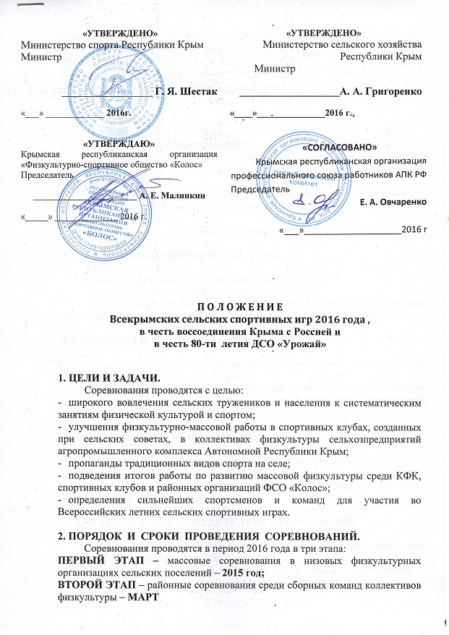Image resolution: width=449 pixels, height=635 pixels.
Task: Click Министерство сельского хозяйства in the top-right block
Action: tap(343, 44)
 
